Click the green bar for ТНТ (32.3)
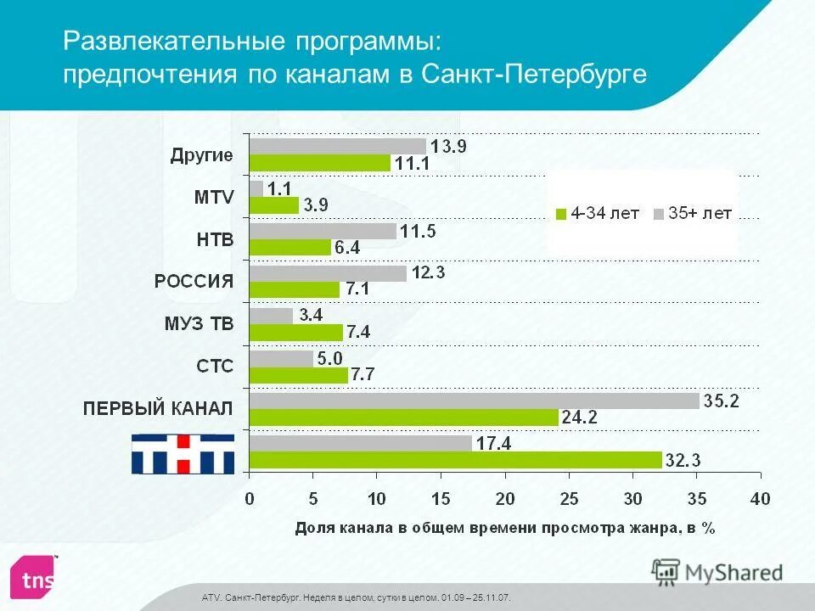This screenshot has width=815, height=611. coord(455,460)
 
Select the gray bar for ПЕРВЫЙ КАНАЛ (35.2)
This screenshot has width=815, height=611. coord(474,401)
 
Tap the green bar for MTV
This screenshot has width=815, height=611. coord(273,205)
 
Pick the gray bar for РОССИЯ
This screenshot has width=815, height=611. coord(328,273)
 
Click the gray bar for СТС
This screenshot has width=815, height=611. coord(281,358)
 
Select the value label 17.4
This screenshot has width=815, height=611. coord(495,442)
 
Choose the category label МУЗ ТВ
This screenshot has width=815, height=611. coord(200,323)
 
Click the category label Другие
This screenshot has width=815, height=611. coord(201,154)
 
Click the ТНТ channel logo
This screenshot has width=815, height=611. coord(183,452)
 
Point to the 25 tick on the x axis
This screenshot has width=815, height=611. coord(569,497)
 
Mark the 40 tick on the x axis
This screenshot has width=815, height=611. coord(759,497)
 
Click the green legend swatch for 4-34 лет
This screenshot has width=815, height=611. coord(560,214)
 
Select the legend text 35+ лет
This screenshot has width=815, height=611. coord(699,213)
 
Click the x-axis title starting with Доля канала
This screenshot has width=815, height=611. coord(505,528)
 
